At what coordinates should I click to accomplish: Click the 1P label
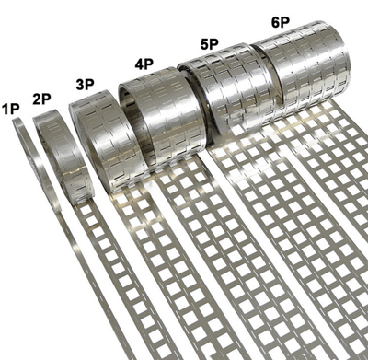[11, 109]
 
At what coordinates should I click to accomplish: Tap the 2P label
[42, 97]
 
